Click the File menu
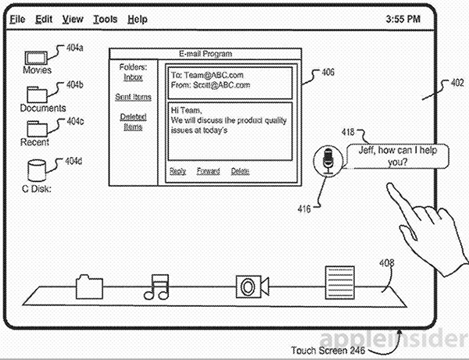[x=17, y=18]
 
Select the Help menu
[x=137, y=18]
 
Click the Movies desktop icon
[x=36, y=57]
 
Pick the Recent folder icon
[x=36, y=128]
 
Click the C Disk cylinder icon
[x=36, y=170]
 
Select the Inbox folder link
[x=134, y=77]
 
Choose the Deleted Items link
[x=133, y=121]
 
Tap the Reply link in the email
[x=177, y=172]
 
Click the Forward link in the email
[x=208, y=172]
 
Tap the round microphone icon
[x=328, y=160]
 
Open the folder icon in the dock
[x=88, y=287]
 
